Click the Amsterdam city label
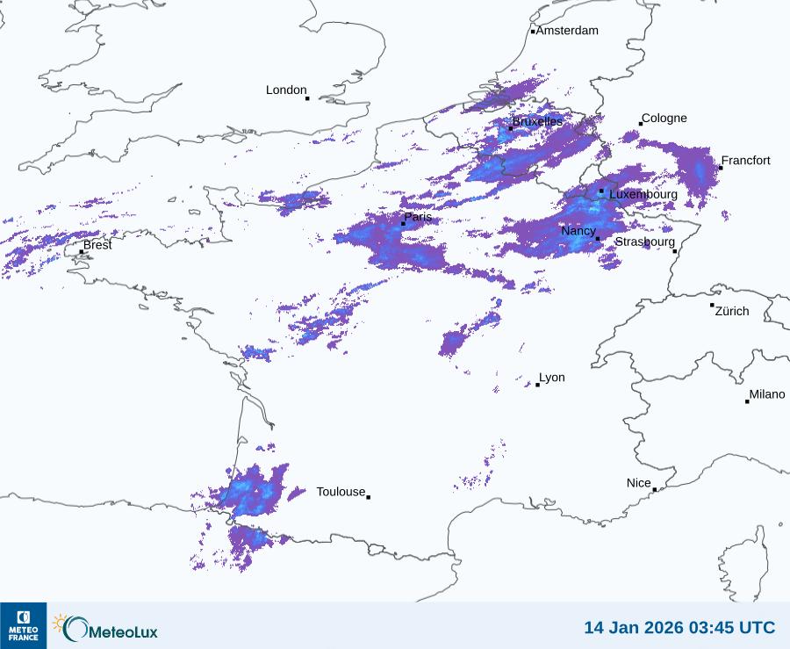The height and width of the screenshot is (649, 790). [x=567, y=31]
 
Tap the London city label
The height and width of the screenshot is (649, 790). [x=286, y=90]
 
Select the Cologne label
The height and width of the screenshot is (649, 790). [x=664, y=119]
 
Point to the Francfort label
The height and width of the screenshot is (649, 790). [x=746, y=161]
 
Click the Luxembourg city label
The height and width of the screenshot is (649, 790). [x=643, y=194]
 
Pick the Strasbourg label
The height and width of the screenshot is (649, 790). [x=645, y=242]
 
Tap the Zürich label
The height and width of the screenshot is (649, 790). [x=733, y=311]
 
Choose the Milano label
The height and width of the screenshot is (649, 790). [x=767, y=394]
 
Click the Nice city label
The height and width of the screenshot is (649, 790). [x=639, y=483]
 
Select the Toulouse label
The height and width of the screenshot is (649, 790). [x=341, y=492]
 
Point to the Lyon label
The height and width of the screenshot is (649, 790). [x=552, y=378]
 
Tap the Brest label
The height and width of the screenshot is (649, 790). [x=97, y=245]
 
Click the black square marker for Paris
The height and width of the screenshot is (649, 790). [x=403, y=224]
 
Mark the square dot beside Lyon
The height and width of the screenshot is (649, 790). [x=538, y=385]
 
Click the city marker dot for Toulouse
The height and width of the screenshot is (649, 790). [x=368, y=497]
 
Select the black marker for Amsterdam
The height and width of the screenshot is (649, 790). [x=533, y=32]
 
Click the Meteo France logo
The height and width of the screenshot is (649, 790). [x=24, y=624]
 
